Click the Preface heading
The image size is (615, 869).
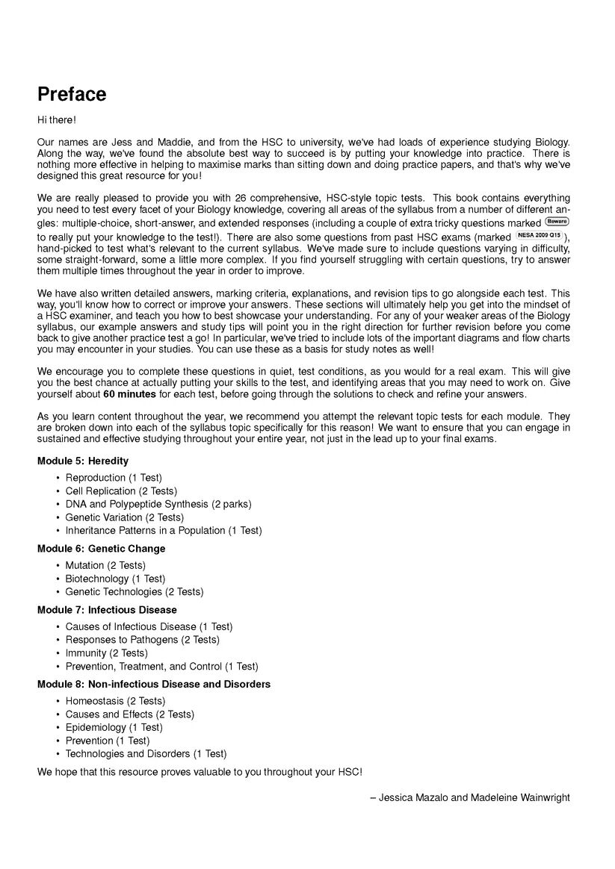tap(72, 95)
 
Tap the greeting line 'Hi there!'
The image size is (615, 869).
tap(57, 119)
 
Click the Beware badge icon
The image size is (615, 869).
tap(557, 222)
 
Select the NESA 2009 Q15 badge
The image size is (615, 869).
tap(539, 235)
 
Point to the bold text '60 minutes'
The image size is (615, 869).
tap(129, 394)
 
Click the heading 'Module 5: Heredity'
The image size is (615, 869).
tap(83, 461)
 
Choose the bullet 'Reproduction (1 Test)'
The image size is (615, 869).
tap(114, 478)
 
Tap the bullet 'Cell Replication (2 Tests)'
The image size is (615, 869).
tap(121, 491)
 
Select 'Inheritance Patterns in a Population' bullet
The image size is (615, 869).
tap(163, 530)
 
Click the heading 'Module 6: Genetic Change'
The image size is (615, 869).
tap(101, 548)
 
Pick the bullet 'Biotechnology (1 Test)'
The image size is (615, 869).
tap(115, 579)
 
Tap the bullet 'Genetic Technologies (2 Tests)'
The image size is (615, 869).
tap(134, 591)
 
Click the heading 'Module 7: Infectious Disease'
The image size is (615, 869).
tap(107, 610)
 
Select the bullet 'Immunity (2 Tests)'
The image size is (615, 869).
tap(106, 653)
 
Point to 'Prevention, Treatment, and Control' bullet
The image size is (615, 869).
tap(161, 666)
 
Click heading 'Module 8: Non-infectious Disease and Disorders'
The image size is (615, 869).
tap(154, 684)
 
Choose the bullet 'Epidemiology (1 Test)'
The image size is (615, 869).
tap(114, 727)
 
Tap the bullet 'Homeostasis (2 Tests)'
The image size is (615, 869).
tap(115, 701)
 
